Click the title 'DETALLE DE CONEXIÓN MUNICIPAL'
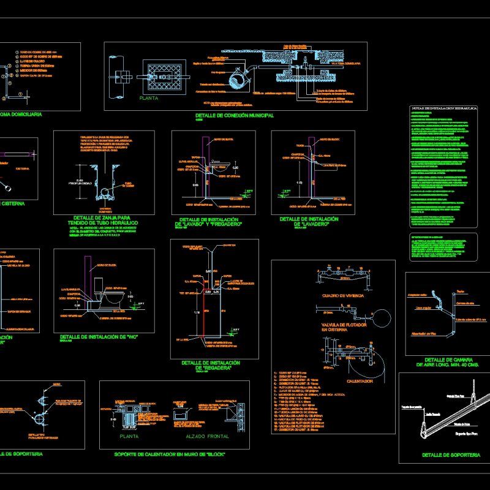coord(234,115)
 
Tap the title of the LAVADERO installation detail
coord(309,221)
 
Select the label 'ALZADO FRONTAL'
coord(205,437)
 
